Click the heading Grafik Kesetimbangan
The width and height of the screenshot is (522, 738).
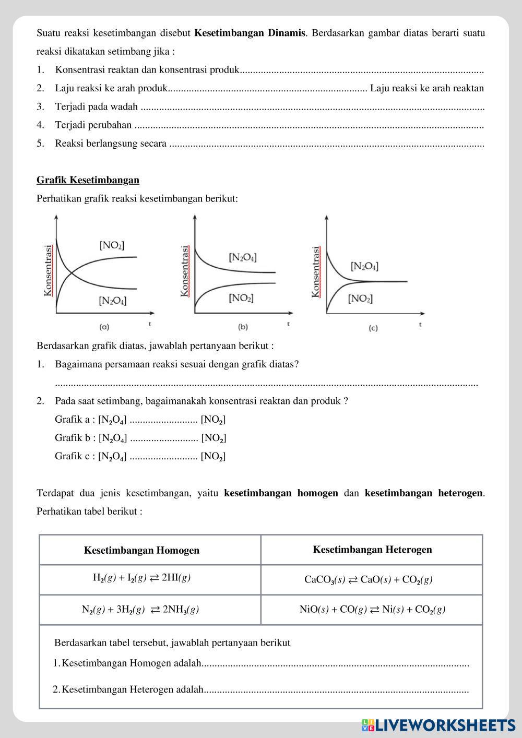pyautogui.click(x=88, y=180)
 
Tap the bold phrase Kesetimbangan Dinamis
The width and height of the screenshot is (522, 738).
pyautogui.click(x=250, y=33)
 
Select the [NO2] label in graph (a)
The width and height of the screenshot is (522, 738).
pyautogui.click(x=112, y=245)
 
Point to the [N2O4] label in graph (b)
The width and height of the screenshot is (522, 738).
pyautogui.click(x=243, y=257)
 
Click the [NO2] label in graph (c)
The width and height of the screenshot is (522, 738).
pyautogui.click(x=360, y=299)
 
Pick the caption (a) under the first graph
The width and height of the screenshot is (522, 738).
pyautogui.click(x=104, y=327)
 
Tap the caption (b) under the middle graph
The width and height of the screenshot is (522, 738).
pyautogui.click(x=243, y=327)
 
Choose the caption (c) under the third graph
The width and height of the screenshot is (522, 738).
pyautogui.click(x=373, y=328)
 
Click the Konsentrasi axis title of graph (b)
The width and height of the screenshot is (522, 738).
pyautogui.click(x=185, y=271)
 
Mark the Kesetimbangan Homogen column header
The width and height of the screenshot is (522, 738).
pyautogui.click(x=141, y=550)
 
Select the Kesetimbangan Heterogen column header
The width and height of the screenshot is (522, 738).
pyautogui.click(x=372, y=549)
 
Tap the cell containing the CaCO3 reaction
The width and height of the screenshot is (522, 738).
pyautogui.click(x=368, y=579)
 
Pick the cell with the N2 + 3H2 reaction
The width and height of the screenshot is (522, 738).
pyautogui.click(x=140, y=609)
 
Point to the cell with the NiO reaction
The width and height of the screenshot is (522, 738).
pyautogui.click(x=372, y=609)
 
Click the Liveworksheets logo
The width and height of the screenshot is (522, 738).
pyautogui.click(x=438, y=724)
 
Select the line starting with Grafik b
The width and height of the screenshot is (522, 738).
pyautogui.click(x=140, y=438)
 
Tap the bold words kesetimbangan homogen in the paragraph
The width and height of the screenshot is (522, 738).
pyautogui.click(x=281, y=493)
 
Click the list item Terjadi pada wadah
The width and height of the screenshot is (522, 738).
pyautogui.click(x=97, y=107)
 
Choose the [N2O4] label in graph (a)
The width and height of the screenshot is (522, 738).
pyautogui.click(x=112, y=301)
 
